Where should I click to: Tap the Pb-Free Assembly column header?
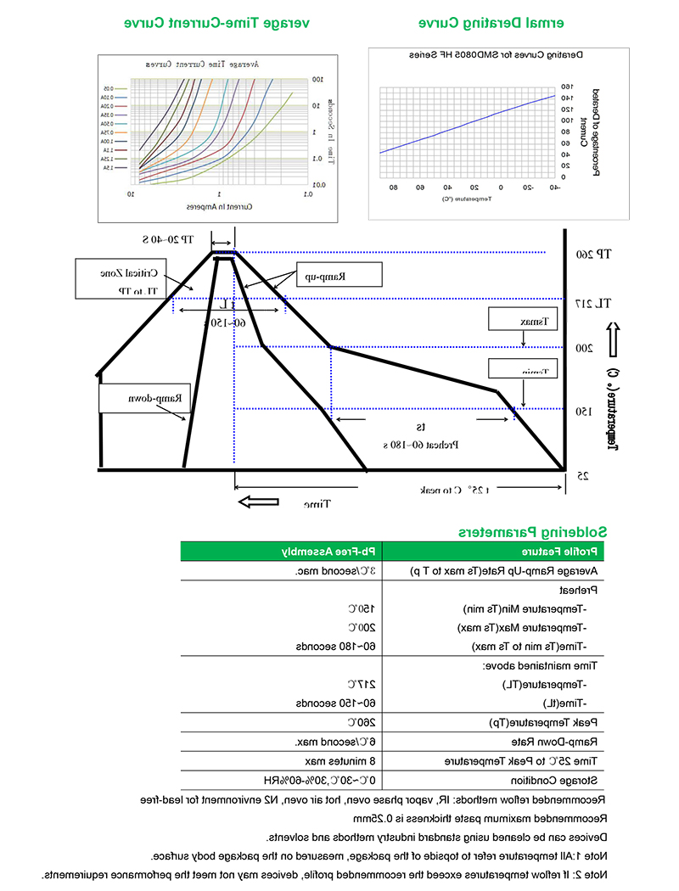(331, 552)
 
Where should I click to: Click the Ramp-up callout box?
(339, 273)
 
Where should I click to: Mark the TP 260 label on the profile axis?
(591, 254)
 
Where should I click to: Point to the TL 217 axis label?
(591, 303)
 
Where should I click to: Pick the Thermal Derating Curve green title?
(492, 22)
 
